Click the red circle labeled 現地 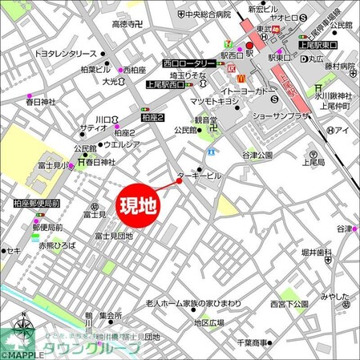click(x=139, y=208)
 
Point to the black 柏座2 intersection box click(x=153, y=117)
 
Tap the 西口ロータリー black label click(x=188, y=63)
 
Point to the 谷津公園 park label click(x=258, y=155)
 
